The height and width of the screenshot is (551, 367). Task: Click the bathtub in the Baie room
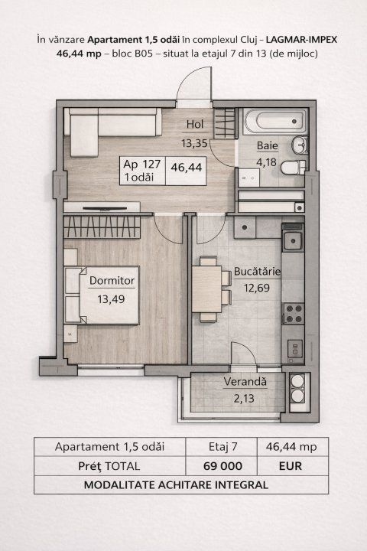click(x=275, y=121)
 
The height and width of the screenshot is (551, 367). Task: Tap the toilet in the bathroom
click(x=294, y=168)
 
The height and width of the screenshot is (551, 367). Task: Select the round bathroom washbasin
click(x=300, y=145)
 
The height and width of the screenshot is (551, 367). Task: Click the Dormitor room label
click(x=112, y=280)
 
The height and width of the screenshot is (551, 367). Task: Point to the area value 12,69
click(x=257, y=288)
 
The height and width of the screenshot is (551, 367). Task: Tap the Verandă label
click(x=245, y=381)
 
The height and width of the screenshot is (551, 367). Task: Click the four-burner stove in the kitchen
click(x=294, y=314)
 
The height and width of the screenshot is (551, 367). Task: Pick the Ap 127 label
click(x=142, y=164)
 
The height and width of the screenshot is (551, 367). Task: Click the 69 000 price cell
click(x=222, y=466)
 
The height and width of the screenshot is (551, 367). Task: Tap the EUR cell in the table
click(x=291, y=466)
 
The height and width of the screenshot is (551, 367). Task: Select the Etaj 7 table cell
click(x=223, y=447)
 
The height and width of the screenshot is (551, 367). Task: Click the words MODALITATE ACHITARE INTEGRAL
click(x=177, y=485)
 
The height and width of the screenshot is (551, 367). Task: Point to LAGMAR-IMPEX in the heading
click(x=301, y=39)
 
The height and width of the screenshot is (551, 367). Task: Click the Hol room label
click(x=195, y=124)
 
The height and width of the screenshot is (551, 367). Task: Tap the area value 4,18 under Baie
click(x=266, y=162)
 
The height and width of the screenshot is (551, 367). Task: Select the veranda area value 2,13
click(x=244, y=399)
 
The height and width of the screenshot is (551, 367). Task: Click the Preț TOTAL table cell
click(x=109, y=466)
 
